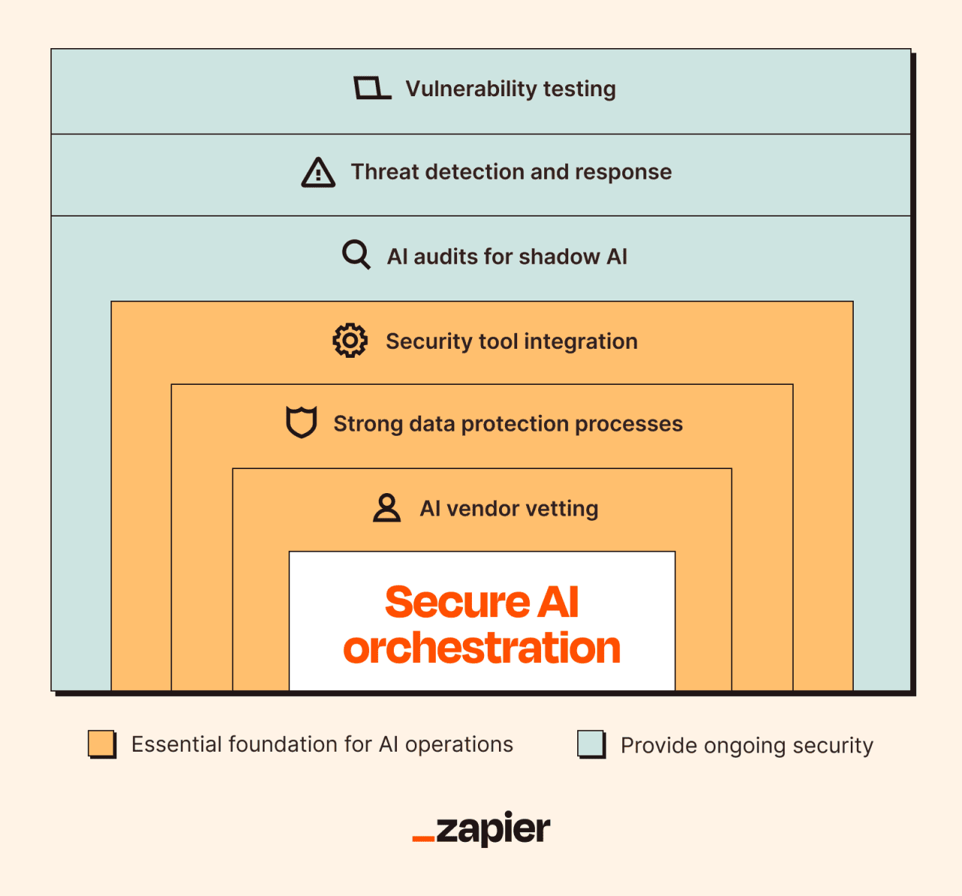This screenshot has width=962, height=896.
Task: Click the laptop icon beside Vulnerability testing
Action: (x=372, y=89)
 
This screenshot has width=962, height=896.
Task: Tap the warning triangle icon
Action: (x=318, y=173)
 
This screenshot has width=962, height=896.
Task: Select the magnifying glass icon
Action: (x=356, y=255)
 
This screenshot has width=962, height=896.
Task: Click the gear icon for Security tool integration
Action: (x=350, y=341)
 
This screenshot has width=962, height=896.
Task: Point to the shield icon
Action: (x=301, y=422)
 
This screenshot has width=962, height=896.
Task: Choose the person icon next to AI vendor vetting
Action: (x=387, y=508)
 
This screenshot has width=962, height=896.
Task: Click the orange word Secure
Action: (x=458, y=602)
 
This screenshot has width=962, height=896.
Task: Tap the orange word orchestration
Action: (x=482, y=648)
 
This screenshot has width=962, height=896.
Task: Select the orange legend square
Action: (x=101, y=743)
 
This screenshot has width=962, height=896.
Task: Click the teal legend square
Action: (x=591, y=743)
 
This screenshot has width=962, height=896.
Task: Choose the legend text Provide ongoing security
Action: (x=747, y=746)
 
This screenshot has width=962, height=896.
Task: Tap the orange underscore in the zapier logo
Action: (x=423, y=837)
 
